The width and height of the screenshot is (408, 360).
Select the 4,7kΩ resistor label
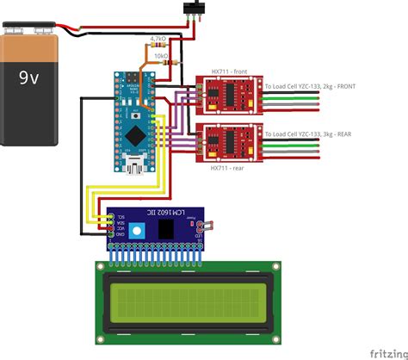[x=158, y=39]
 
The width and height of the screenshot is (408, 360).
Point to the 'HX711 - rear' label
[x=227, y=170]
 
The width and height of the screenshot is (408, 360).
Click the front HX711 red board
[x=228, y=95]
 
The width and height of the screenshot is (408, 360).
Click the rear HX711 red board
[x=228, y=142]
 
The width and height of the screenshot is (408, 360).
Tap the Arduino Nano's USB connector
[x=134, y=160]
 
